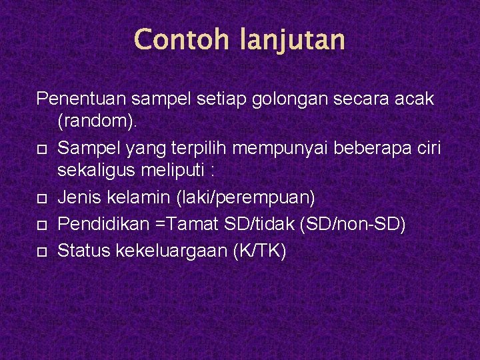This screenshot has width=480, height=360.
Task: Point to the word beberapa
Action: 359,147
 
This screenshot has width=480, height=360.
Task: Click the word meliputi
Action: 177,171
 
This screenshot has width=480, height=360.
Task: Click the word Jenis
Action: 79,199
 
